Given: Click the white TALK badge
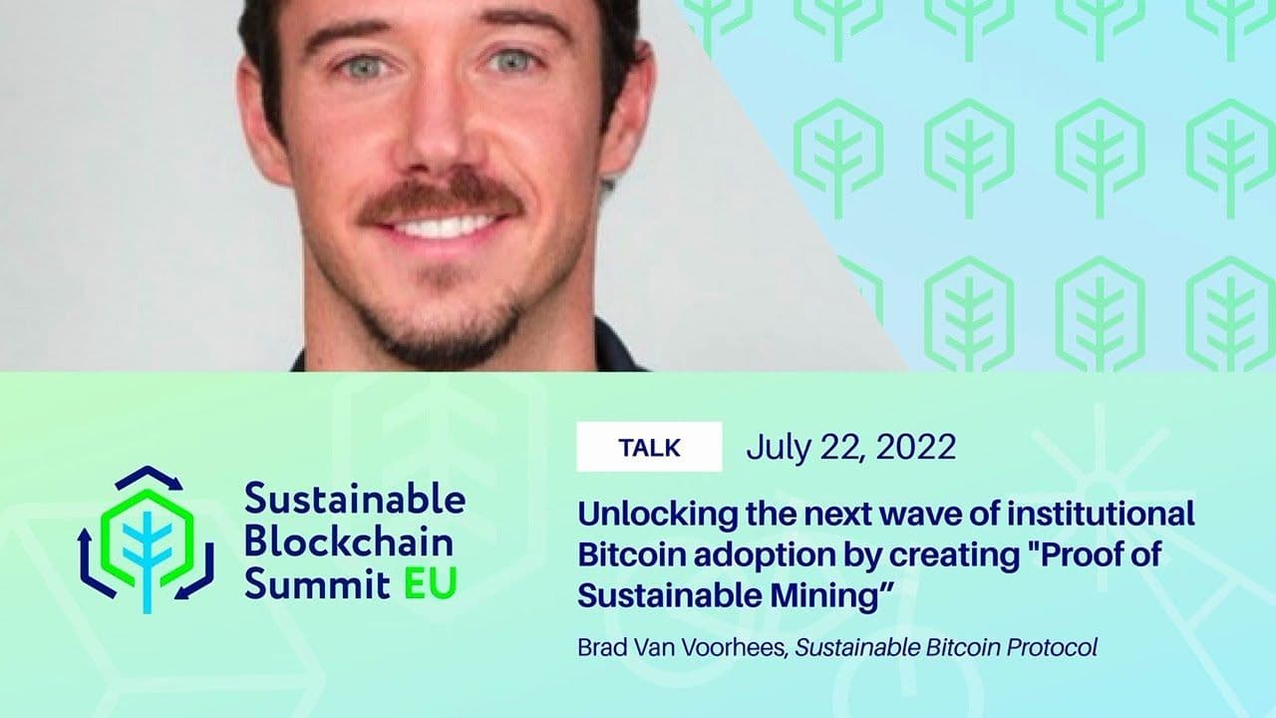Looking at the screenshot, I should pyautogui.click(x=649, y=447).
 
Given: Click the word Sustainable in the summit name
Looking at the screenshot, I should pyautogui.click(x=355, y=499).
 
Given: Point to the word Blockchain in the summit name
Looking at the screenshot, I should pyautogui.click(x=349, y=542).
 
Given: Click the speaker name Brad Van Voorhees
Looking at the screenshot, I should pyautogui.click(x=683, y=647).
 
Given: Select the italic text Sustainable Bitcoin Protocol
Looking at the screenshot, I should pyautogui.click(x=946, y=647).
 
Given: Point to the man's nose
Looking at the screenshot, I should pyautogui.click(x=439, y=140).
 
